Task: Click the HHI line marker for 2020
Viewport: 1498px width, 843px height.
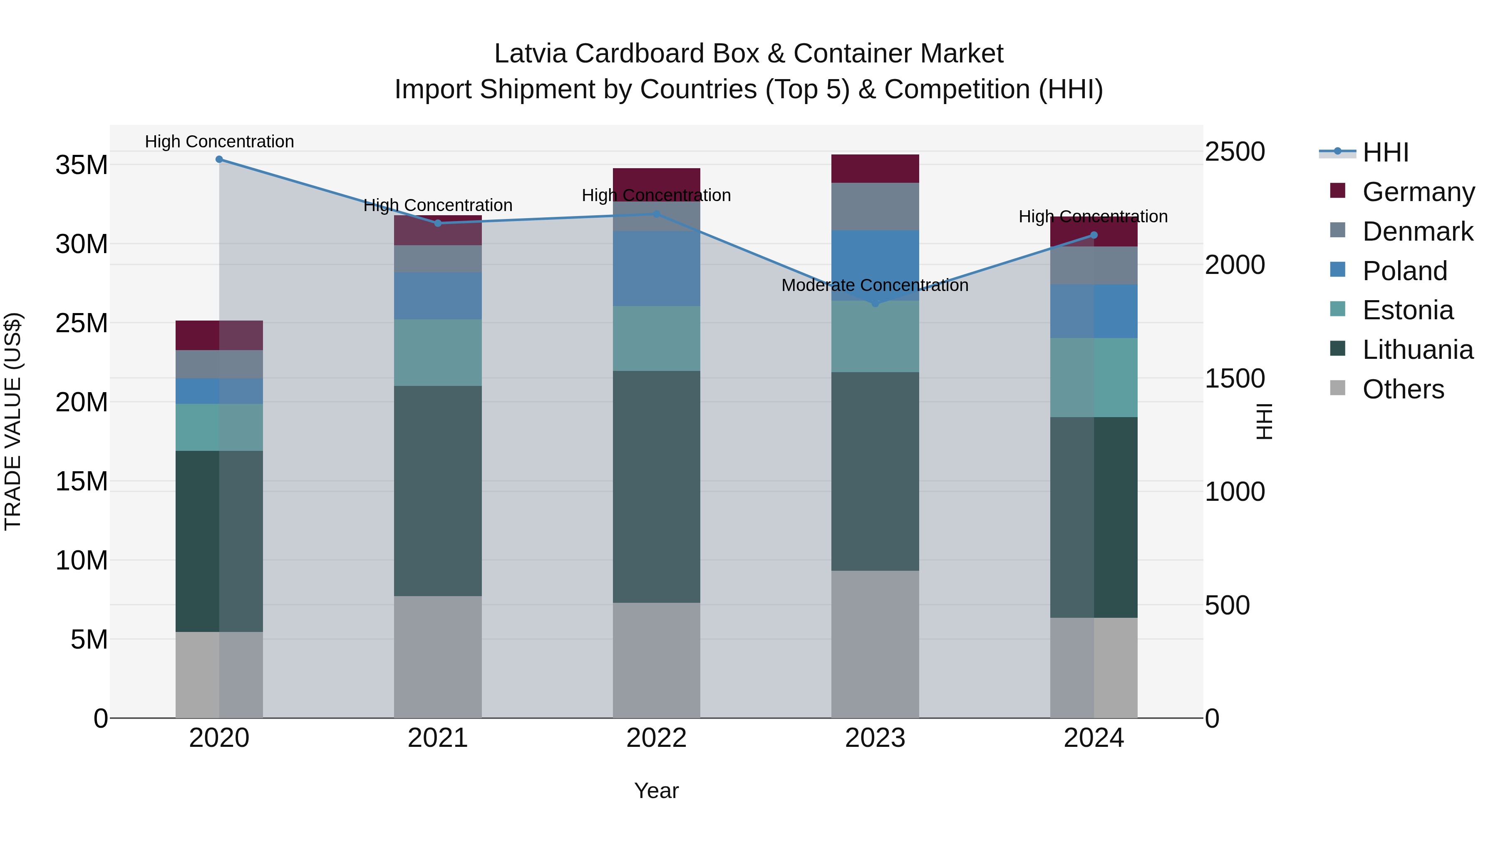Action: coord(219,159)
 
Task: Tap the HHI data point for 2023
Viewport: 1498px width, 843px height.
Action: coord(875,303)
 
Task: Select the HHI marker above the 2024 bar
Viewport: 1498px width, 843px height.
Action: coord(1094,235)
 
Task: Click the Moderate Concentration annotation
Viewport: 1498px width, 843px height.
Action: coord(875,286)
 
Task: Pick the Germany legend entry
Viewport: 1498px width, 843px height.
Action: coord(1418,192)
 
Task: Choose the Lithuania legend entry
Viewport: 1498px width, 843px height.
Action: coord(1417,350)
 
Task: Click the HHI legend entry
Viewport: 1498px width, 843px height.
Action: coord(1385,152)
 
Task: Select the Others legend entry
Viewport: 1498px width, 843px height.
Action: coord(1403,389)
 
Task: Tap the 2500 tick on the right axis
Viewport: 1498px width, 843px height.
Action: coord(1235,152)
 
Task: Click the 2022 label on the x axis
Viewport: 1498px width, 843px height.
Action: coord(657,738)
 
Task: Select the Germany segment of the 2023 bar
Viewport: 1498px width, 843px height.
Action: coord(875,169)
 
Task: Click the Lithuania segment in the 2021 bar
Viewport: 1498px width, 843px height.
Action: coord(438,490)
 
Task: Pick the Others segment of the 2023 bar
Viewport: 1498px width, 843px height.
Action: coord(875,644)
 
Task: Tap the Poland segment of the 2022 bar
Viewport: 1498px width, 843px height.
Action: coord(657,268)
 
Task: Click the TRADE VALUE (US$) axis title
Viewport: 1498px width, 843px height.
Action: coord(13,421)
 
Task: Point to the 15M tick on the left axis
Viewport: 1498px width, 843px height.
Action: coord(82,482)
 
